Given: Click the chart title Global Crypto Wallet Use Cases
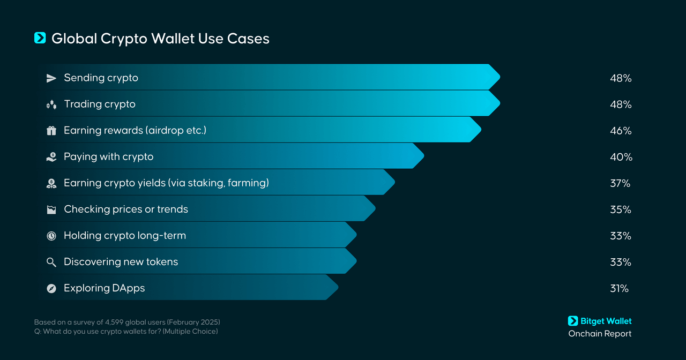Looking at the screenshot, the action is coord(160,39).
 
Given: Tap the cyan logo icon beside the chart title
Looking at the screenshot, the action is coord(40,38).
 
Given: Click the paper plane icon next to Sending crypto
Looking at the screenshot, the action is coord(51,78).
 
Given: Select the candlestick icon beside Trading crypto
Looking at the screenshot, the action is coord(51,104).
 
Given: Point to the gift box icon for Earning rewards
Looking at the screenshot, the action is coord(51,131).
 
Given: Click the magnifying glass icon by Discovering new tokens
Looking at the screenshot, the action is coord(51,262).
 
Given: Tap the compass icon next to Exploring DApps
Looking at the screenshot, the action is coord(51,288).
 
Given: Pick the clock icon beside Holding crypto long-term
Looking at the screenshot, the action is coord(51,236).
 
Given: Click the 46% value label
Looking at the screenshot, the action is coord(621,131).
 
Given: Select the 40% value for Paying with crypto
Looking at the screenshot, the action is coord(621,157).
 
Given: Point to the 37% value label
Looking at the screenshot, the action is coord(620,184).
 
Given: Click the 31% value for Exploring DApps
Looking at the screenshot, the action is coord(619,289).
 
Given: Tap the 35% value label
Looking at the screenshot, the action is coord(621,210).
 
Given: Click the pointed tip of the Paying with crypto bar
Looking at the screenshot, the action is coord(424,156).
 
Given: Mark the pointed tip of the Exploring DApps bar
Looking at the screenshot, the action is coord(338,287).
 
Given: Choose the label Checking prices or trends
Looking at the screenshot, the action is coord(126,209).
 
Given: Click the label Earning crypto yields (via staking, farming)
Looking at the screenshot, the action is coord(166,183).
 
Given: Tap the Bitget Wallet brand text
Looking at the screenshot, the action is coord(606,321).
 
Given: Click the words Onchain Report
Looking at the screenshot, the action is coord(600,334).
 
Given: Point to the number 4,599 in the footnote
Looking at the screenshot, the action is coord(114,322).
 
